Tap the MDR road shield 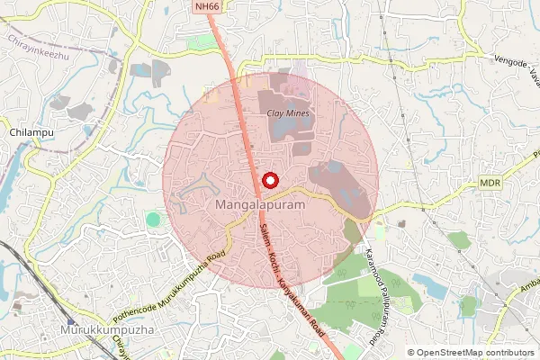tap(490, 183)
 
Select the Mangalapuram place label tap(256, 206)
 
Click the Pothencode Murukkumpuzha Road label tap(169, 290)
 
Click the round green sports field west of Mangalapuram tap(154, 219)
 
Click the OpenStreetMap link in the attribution tap(450, 353)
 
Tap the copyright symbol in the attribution tap(411, 353)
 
